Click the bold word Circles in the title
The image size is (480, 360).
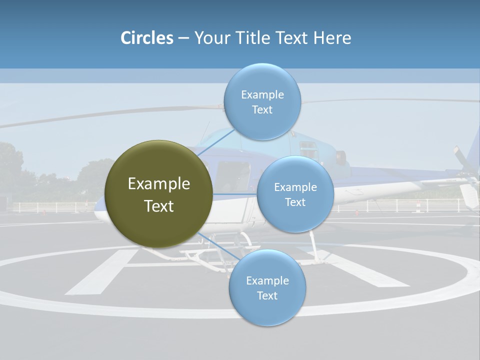(147, 38)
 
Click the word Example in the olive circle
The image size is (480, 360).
(159, 184)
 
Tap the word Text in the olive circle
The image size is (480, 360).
(159, 206)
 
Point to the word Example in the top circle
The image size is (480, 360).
(262, 95)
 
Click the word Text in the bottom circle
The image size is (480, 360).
(267, 295)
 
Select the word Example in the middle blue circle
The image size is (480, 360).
(295, 187)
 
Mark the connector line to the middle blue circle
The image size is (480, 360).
(234, 194)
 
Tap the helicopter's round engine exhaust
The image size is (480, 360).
(341, 158)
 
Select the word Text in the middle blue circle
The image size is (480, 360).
(295, 202)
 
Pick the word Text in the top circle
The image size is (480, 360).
(262, 110)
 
